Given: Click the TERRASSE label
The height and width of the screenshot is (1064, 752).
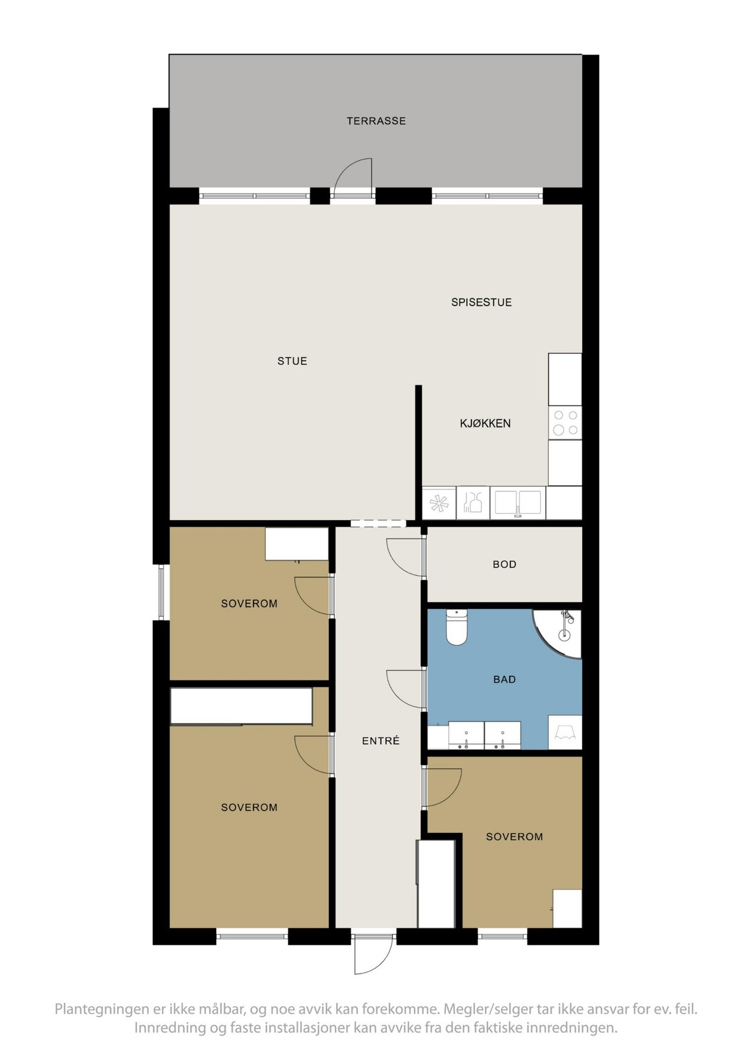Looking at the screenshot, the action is [x=376, y=121].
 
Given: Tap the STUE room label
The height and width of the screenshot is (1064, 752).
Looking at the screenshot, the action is [x=292, y=361].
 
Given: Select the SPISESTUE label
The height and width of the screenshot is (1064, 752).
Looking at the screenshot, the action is [x=481, y=302].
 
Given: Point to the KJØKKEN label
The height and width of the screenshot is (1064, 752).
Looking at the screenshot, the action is [x=486, y=423].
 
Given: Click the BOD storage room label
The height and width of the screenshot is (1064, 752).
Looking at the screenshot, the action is [x=504, y=565].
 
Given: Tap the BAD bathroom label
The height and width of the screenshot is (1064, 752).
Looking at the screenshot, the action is [x=504, y=680].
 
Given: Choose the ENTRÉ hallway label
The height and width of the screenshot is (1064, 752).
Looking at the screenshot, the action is [x=381, y=741].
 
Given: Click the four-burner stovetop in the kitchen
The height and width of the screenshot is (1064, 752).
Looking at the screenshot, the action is [x=565, y=423].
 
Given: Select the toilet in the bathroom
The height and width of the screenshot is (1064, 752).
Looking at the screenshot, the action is [x=457, y=627].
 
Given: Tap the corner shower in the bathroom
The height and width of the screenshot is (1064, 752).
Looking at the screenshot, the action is [x=558, y=634].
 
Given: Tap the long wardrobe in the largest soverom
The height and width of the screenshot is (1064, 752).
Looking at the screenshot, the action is [x=242, y=706].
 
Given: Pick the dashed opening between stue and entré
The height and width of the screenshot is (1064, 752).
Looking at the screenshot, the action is [x=377, y=523].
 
